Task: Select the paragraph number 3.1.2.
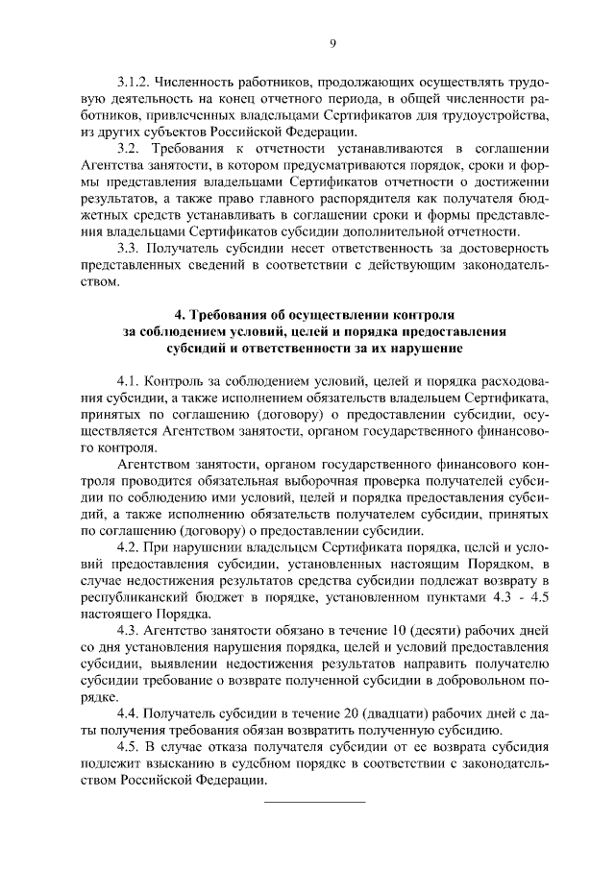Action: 134,84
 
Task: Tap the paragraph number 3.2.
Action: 129,149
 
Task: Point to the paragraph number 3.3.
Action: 129,248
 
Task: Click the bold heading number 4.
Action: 179,314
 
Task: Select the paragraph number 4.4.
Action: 129,712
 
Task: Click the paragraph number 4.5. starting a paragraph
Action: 129,746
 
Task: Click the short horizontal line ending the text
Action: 314,800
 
